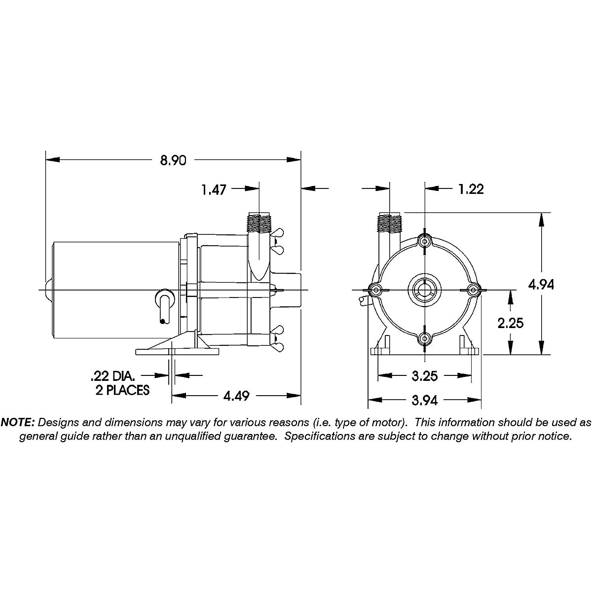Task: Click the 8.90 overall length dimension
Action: (173, 160)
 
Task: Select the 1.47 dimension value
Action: (214, 190)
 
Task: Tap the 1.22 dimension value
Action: (471, 189)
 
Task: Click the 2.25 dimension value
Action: (511, 323)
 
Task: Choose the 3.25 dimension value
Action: (425, 376)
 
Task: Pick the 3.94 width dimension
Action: (425, 400)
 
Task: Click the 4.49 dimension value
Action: (236, 396)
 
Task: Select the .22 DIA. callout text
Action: (112, 376)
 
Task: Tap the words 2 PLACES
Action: (122, 390)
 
